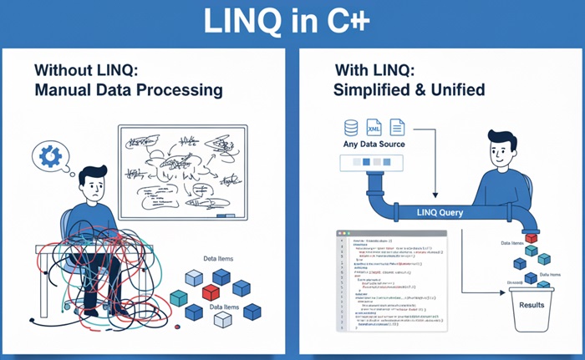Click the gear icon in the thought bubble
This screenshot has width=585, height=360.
[48, 156]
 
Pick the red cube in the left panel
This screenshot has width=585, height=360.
[211, 293]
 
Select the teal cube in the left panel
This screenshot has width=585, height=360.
[179, 298]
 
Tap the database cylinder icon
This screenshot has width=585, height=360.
[351, 128]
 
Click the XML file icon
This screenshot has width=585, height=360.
[374, 128]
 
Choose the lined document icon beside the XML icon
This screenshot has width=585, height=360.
[397, 128]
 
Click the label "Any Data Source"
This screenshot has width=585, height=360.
[374, 145]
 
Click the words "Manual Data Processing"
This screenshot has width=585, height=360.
[129, 89]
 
